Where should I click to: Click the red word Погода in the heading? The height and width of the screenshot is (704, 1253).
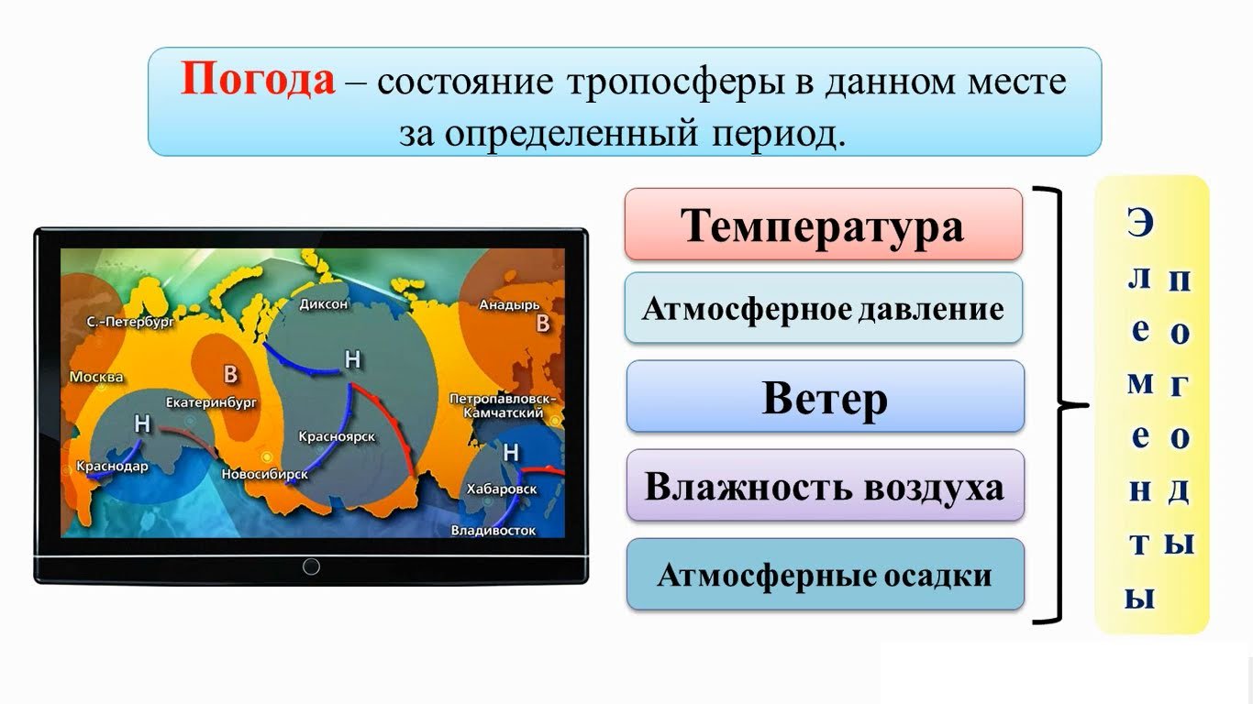coord(258,80)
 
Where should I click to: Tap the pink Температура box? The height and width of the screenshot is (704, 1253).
coord(824,225)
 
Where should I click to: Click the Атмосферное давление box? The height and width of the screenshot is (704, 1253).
coord(824,308)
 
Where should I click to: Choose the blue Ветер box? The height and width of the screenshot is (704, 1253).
coord(825,396)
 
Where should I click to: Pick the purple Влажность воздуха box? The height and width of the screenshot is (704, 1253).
coord(825,485)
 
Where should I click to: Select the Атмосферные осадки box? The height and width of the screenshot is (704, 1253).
coord(825,574)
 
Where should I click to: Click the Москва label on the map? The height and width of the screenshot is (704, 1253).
coord(95,377)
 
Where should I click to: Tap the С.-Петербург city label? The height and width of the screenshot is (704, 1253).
coord(130,322)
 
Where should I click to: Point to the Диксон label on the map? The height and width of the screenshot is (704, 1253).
coord(323,304)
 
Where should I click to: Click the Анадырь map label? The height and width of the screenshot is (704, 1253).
coord(509,305)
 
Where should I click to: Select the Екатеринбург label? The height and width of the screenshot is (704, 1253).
coord(211,402)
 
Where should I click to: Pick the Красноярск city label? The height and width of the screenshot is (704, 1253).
coord(337,436)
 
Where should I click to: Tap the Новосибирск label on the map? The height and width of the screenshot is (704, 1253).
coord(264,474)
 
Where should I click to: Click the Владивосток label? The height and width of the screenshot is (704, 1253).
coord(493,530)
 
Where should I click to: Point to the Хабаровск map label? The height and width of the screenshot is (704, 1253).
coord(501,489)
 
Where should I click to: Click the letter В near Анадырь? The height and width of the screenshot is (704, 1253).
coord(543,324)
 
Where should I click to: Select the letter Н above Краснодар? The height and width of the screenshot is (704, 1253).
coord(142,423)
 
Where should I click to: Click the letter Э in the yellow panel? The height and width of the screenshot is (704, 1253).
coord(1140,223)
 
